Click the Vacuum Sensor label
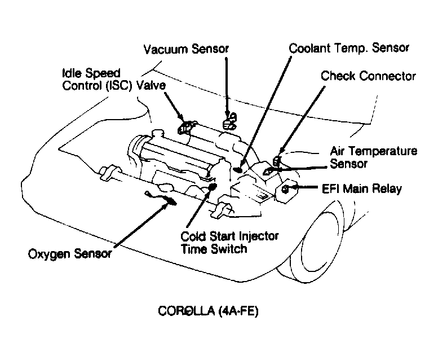186,49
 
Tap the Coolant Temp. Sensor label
349,48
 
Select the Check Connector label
368,76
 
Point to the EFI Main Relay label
362,189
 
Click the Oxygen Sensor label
70,254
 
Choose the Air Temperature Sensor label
374,157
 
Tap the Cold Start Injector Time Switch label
229,243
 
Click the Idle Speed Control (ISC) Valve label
114,80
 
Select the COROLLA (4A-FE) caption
208,311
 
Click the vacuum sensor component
230,121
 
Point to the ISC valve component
186,128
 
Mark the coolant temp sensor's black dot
238,169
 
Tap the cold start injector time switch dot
213,187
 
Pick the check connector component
277,161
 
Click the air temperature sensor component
267,171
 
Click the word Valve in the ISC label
151,85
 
